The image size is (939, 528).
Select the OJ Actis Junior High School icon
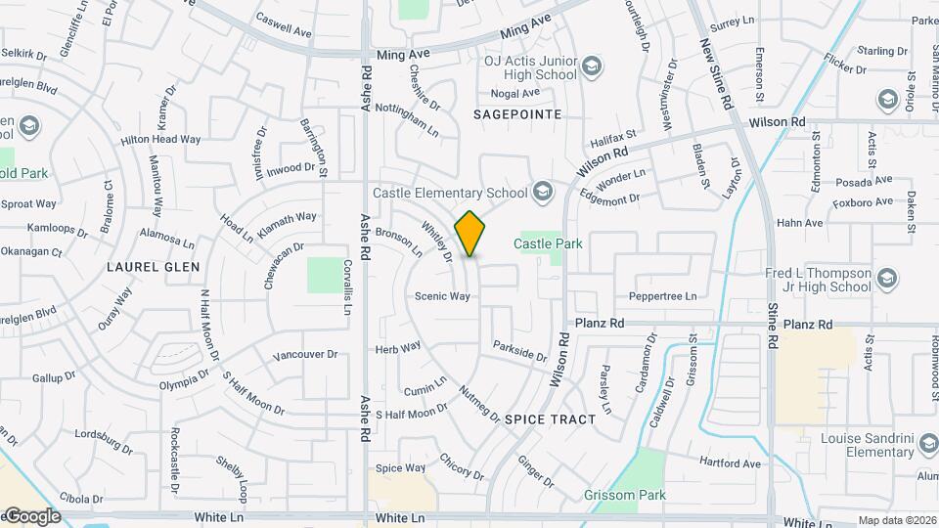tap(591, 67)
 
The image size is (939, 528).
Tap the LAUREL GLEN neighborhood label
tap(156, 266)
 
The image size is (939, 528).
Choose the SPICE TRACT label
tap(550, 418)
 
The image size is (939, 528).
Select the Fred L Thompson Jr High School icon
tap(887, 280)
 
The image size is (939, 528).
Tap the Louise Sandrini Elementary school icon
tap(928, 445)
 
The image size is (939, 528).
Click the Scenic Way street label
tap(442, 296)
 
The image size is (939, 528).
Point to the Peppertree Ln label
tap(663, 295)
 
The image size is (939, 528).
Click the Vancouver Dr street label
tap(304, 355)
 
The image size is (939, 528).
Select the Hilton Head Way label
tap(160, 140)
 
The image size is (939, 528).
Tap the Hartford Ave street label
tap(730, 462)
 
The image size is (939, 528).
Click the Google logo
tap(31, 515)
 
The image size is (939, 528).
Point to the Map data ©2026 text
tap(897, 520)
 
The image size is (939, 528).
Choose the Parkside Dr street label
tap(519, 351)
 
